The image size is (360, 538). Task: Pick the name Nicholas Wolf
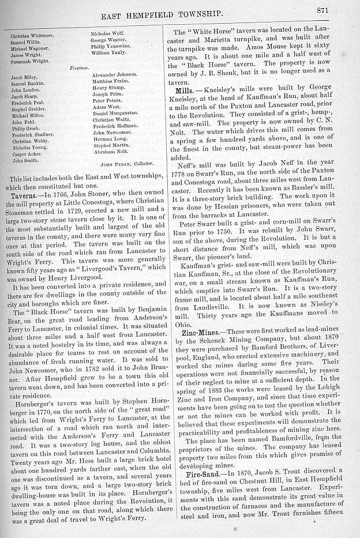(x=107, y=33)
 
